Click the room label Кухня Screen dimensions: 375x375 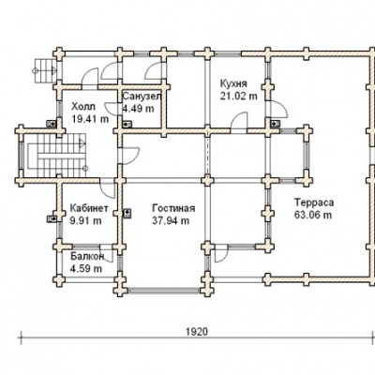[x=233, y=84]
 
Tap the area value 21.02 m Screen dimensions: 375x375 [x=239, y=96]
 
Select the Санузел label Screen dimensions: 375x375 [x=142, y=97]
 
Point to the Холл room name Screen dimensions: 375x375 [x=83, y=107]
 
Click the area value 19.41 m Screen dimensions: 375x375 [x=90, y=119]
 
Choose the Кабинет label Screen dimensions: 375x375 [x=89, y=208]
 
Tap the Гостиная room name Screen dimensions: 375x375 [x=173, y=208]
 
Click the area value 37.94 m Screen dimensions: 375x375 [x=171, y=220]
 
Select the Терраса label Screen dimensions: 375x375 [x=314, y=202]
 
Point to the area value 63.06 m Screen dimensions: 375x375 [x=313, y=215]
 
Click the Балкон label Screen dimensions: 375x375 [x=87, y=257]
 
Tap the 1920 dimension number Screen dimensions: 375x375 [x=197, y=331]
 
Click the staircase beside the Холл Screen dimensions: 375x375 [x=57, y=156]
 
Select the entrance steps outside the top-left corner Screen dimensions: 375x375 [x=45, y=71]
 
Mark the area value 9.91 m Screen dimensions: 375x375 [x=86, y=220]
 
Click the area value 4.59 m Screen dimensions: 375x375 [x=86, y=268]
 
